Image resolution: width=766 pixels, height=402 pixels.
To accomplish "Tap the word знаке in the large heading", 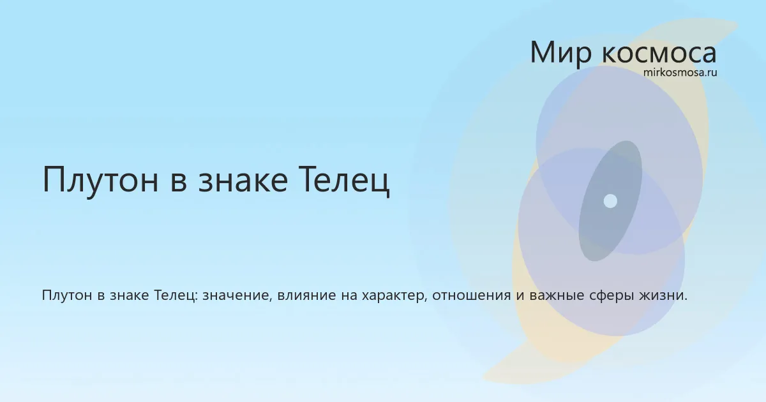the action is pyautogui.click(x=243, y=179).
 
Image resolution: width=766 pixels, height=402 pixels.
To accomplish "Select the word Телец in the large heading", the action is pyautogui.click(x=344, y=180).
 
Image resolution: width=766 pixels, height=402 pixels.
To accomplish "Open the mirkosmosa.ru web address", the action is pyautogui.click(x=680, y=73).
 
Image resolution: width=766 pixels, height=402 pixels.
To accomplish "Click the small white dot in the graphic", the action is pyautogui.click(x=610, y=201).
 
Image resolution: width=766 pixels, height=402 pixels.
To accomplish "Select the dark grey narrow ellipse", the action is pyautogui.click(x=610, y=201).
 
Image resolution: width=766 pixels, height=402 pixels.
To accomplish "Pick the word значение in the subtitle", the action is pyautogui.click(x=237, y=295).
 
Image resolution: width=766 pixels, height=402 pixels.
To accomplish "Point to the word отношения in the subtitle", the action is pyautogui.click(x=472, y=295).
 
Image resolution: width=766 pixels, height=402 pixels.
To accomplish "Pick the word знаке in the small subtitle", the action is pyautogui.click(x=129, y=295).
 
